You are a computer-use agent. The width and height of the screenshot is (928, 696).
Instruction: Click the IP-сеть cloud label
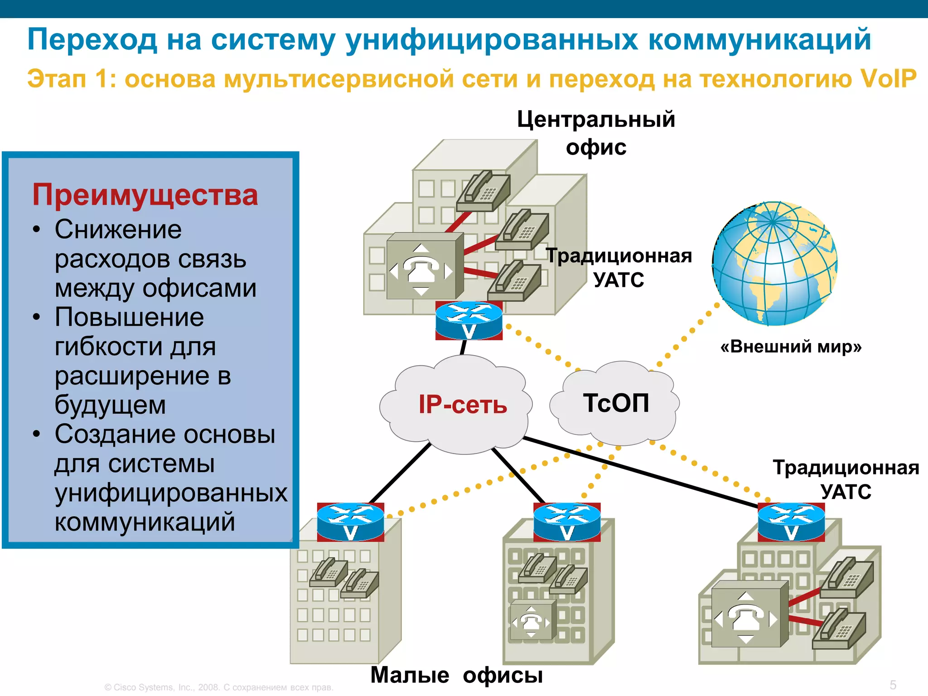pyautogui.click(x=462, y=404)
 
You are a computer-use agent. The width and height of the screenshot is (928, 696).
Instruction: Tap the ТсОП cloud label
pyautogui.click(x=616, y=403)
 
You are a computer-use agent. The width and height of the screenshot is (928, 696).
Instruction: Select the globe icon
pyautogui.click(x=774, y=263)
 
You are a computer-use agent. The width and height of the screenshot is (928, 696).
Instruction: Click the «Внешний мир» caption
pyautogui.click(x=791, y=347)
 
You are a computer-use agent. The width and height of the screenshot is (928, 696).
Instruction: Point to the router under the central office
pyautogui.click(x=469, y=321)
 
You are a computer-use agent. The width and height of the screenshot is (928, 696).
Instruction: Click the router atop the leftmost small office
pyautogui.click(x=350, y=522)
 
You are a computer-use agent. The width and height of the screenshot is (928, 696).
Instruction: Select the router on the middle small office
pyautogui.click(x=567, y=522)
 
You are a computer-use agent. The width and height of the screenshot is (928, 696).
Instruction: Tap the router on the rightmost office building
pyautogui.click(x=791, y=522)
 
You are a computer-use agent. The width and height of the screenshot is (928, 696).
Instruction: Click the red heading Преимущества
pyautogui.click(x=145, y=195)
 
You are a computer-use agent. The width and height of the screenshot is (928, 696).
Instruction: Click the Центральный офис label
pyautogui.click(x=596, y=133)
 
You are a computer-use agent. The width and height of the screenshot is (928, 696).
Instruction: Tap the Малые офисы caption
pyautogui.click(x=456, y=675)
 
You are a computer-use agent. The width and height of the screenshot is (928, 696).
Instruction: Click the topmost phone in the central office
pyautogui.click(x=483, y=190)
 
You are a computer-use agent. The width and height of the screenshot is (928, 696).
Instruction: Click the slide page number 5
pyautogui.click(x=893, y=685)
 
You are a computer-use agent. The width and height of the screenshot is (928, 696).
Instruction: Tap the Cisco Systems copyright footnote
pyautogui.click(x=219, y=687)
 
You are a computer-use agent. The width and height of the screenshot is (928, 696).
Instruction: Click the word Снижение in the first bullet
pyautogui.click(x=118, y=229)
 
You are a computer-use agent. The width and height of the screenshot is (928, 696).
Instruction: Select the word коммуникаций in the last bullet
pyautogui.click(x=145, y=522)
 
